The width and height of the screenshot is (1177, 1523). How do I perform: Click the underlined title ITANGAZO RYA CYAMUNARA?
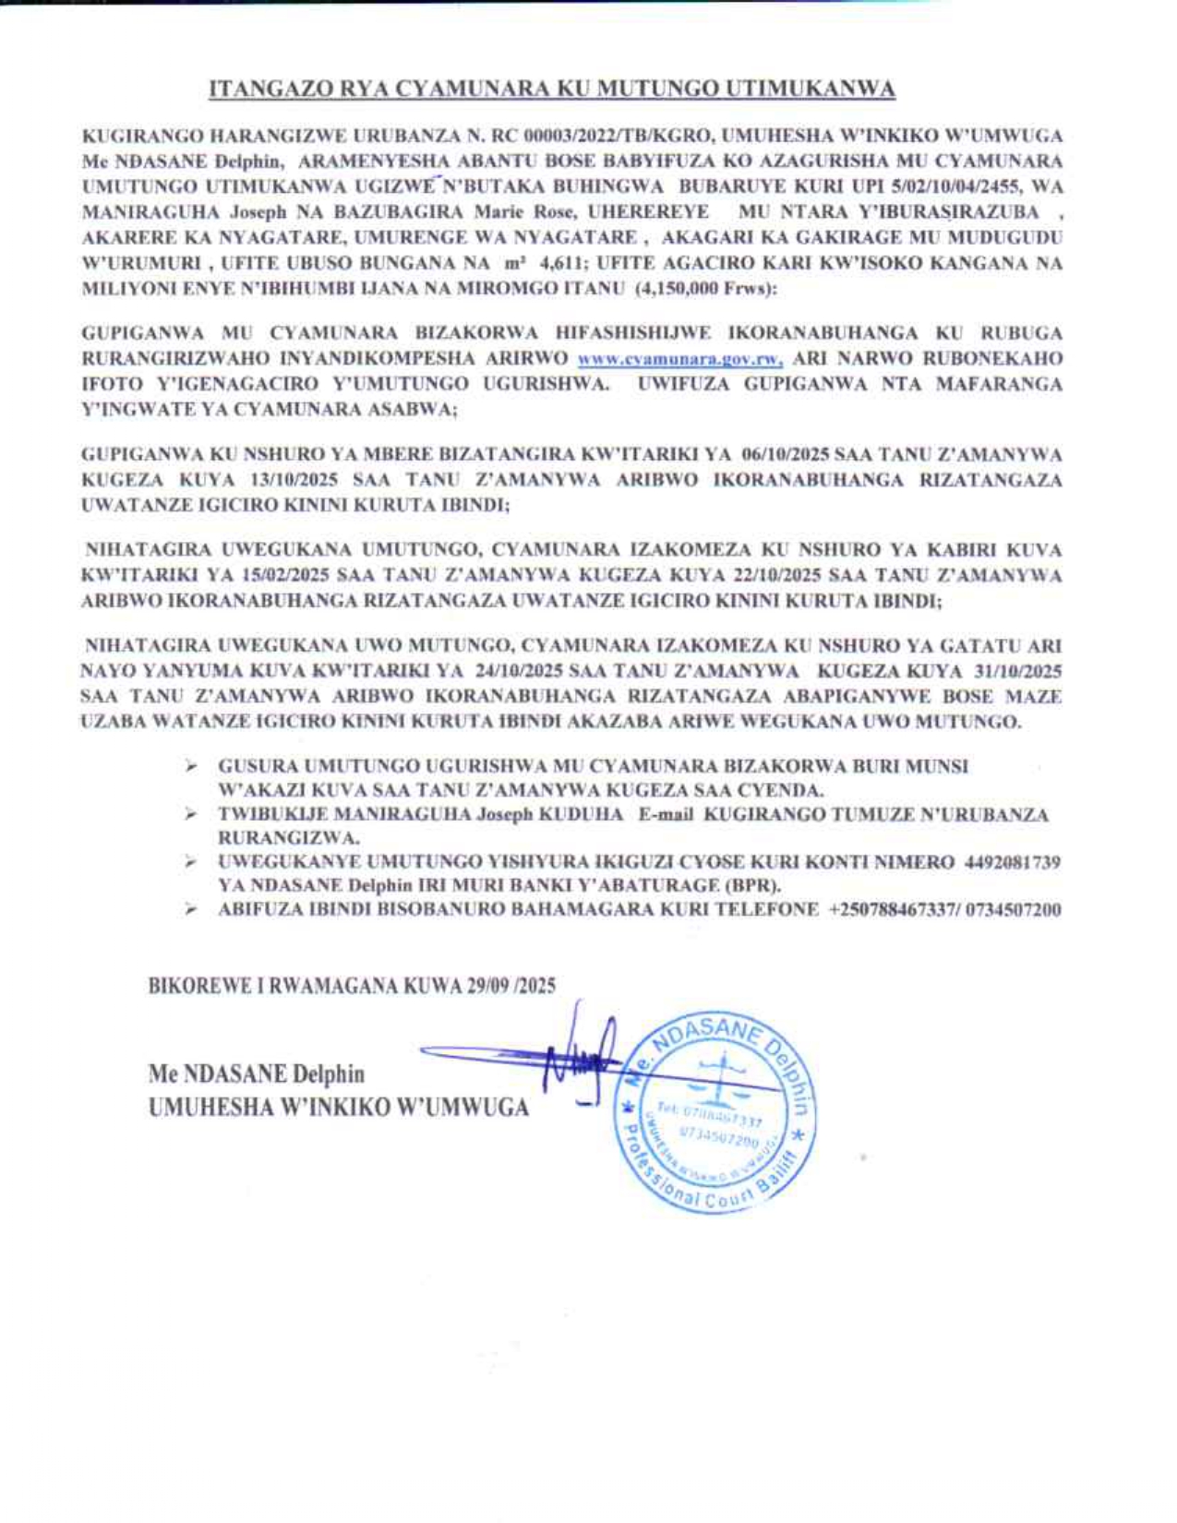pyautogui.click(x=552, y=89)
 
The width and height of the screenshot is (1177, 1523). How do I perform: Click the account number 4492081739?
pyautogui.click(x=1012, y=862)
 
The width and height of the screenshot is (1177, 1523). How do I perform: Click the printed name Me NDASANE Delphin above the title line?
pyautogui.click(x=257, y=1074)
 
